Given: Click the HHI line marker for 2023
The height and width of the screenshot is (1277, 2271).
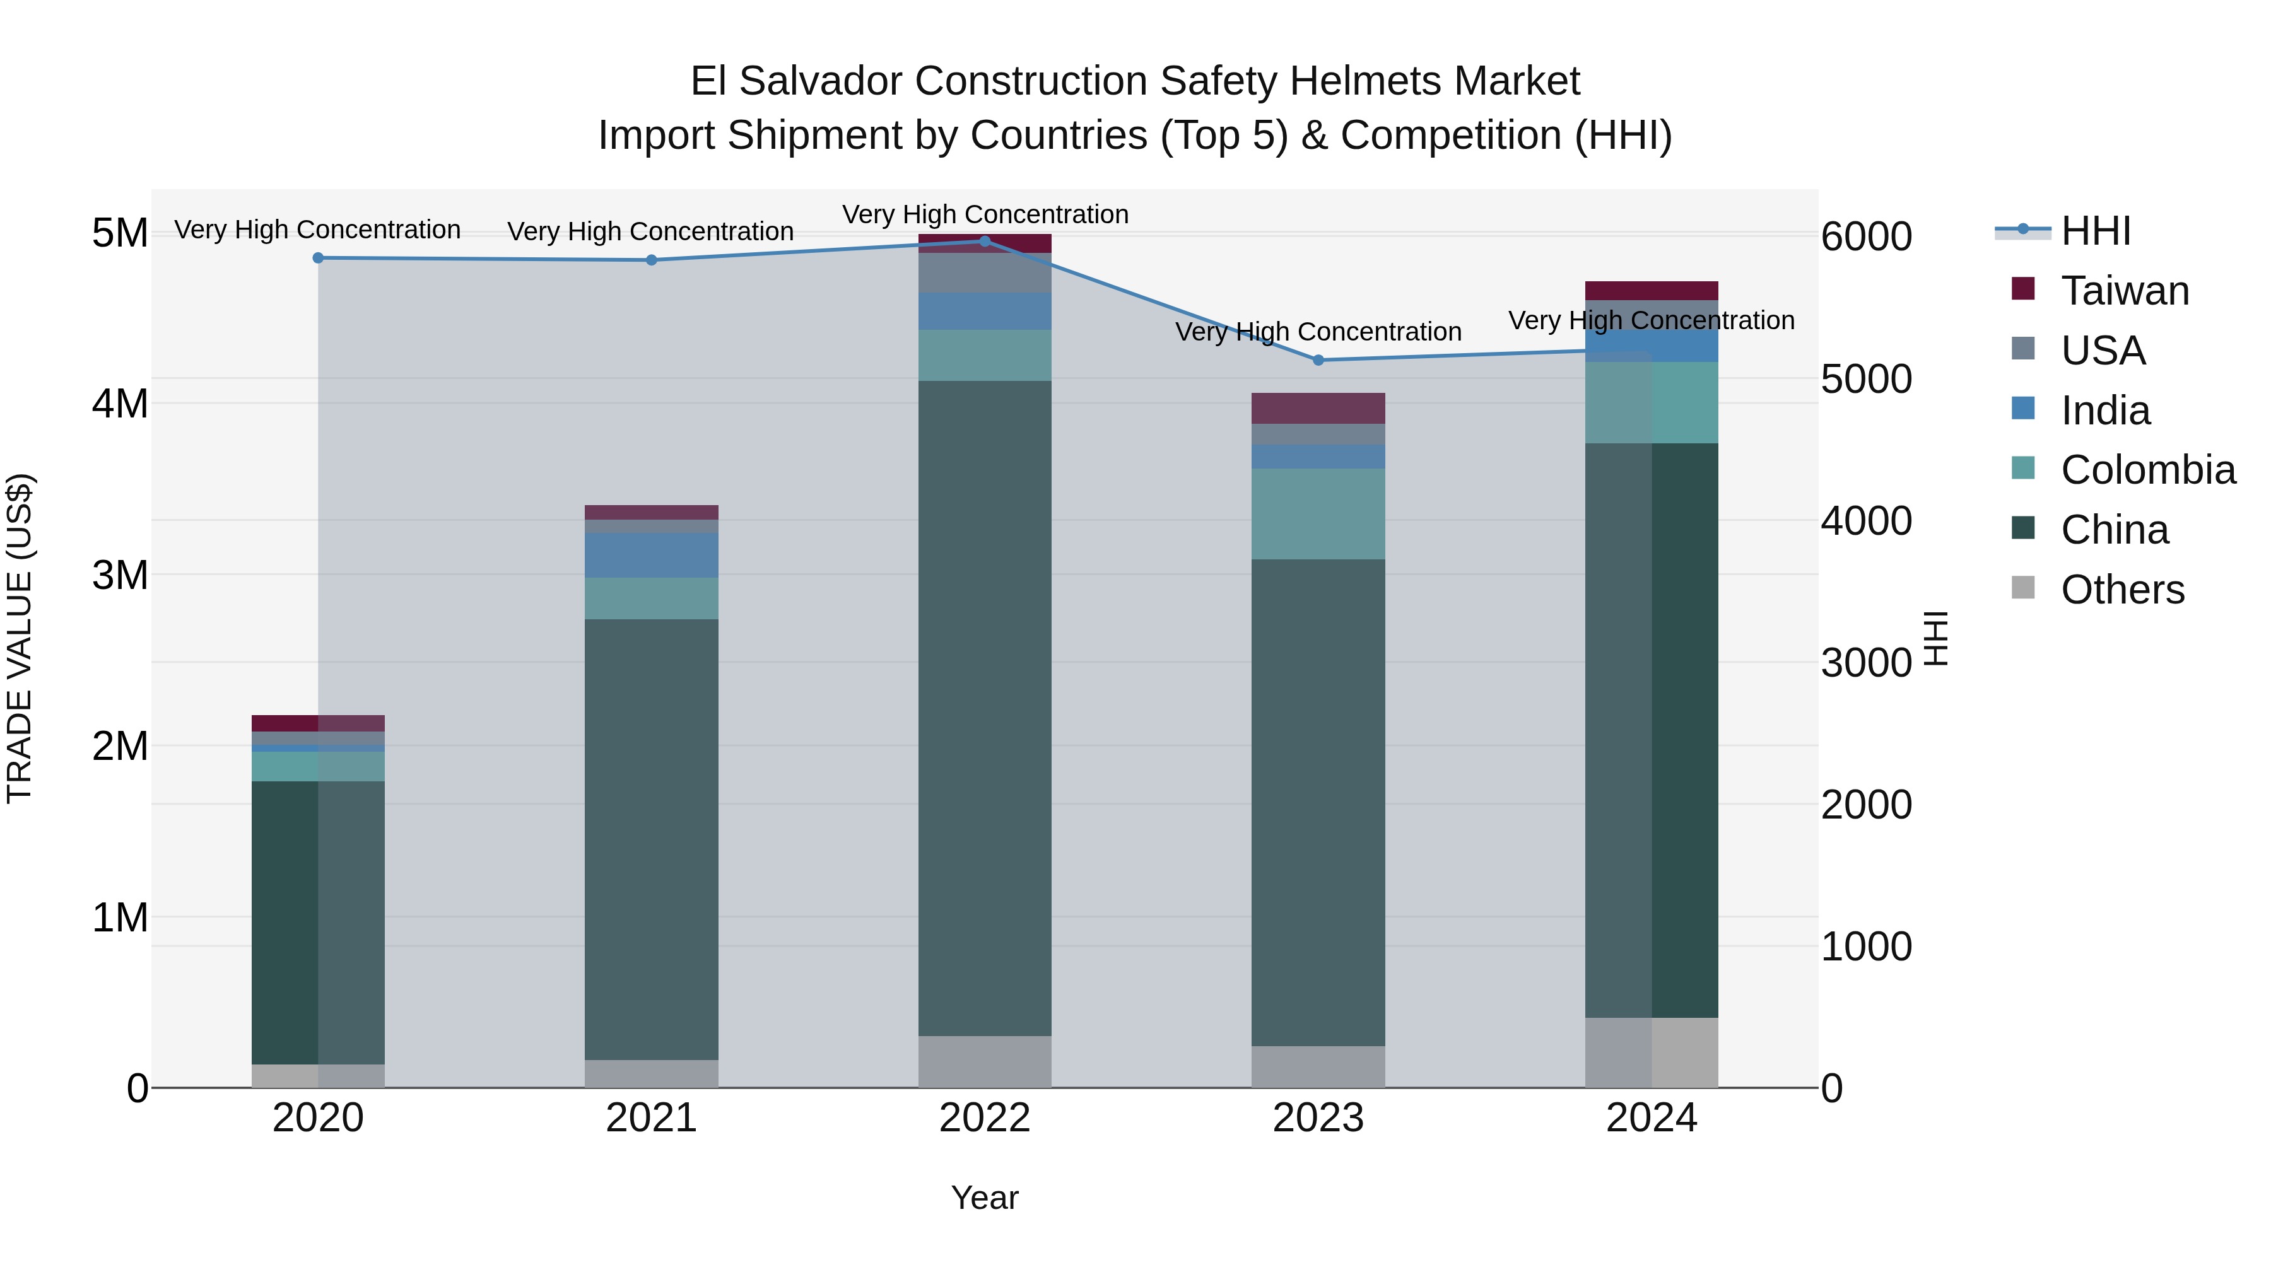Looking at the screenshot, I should click(1318, 359).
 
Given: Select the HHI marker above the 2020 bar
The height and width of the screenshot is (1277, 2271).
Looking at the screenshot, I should click(319, 258).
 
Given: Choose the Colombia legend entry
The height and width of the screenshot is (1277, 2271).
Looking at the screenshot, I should click(2147, 470).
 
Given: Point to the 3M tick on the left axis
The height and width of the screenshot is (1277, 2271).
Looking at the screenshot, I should click(120, 576).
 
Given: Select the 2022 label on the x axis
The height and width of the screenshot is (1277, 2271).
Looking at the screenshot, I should click(985, 1118).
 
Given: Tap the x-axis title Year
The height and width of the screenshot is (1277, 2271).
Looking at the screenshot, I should click(985, 1198).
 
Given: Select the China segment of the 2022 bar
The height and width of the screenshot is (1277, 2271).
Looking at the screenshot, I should click(985, 705).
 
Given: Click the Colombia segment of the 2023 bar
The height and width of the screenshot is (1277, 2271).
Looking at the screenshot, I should click(1318, 514).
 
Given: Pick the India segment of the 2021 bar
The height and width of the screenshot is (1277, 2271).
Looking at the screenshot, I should click(652, 554).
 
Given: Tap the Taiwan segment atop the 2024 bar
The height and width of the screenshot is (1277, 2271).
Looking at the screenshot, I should click(1652, 291).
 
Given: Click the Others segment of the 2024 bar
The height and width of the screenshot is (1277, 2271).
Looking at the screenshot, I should click(1652, 1053).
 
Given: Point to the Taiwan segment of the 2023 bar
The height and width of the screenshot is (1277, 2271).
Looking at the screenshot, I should click(1318, 408).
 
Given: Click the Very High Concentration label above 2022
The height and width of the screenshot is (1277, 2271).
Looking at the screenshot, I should click(985, 214).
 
